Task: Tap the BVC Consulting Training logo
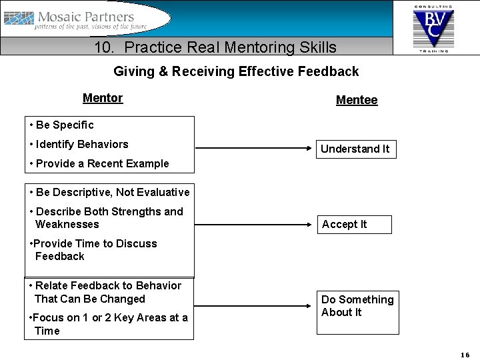click(433, 27)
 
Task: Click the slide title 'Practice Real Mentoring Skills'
click(215, 47)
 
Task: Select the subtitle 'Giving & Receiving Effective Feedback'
click(236, 71)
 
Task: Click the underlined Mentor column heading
click(103, 98)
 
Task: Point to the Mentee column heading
click(357, 100)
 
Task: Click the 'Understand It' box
click(355, 149)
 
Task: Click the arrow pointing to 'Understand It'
click(253, 148)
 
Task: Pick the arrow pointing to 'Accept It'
click(253, 224)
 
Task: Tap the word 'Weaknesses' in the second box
click(67, 224)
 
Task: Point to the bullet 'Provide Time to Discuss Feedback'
click(93, 249)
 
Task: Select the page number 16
click(465, 354)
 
